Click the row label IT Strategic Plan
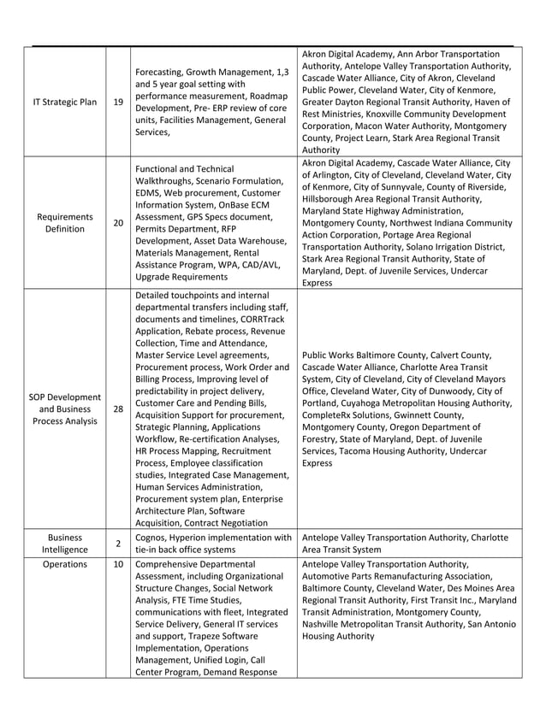(64, 103)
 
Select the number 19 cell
(117, 103)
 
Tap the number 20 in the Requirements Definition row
(117, 223)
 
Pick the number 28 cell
(117, 409)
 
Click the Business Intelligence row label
(64, 544)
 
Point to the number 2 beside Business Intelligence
(117, 544)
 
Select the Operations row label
(64, 564)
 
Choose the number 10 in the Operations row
(117, 564)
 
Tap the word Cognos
(155, 538)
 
